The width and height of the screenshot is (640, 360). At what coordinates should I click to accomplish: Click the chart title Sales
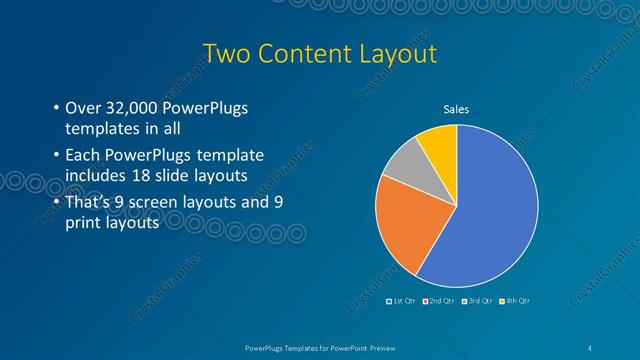pyautogui.click(x=456, y=109)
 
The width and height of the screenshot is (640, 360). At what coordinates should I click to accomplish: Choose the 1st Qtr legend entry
pyautogui.click(x=403, y=301)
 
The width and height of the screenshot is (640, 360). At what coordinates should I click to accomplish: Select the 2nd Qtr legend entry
pyautogui.click(x=440, y=301)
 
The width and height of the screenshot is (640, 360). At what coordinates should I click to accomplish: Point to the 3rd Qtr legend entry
pyautogui.click(x=477, y=301)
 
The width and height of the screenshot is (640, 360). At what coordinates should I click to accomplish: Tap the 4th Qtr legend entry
pyautogui.click(x=514, y=301)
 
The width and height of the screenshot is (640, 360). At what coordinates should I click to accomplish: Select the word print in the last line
pyautogui.click(x=81, y=222)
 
